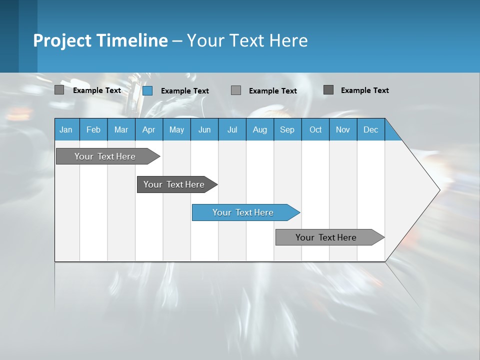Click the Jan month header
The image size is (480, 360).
[66, 129]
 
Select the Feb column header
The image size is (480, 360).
[93, 129]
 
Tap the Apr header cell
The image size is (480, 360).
[148, 129]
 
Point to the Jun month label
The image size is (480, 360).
[204, 129]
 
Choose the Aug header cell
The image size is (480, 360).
[259, 129]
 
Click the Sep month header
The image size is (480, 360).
[287, 129]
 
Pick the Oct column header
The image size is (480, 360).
[315, 129]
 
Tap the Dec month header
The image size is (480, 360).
[370, 129]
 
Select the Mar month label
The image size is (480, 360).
[121, 129]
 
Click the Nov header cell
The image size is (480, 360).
[343, 129]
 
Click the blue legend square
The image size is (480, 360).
[147, 90]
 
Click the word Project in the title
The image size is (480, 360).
[62, 40]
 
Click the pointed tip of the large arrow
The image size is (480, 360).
[438, 190]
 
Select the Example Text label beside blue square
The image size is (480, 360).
[185, 91]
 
